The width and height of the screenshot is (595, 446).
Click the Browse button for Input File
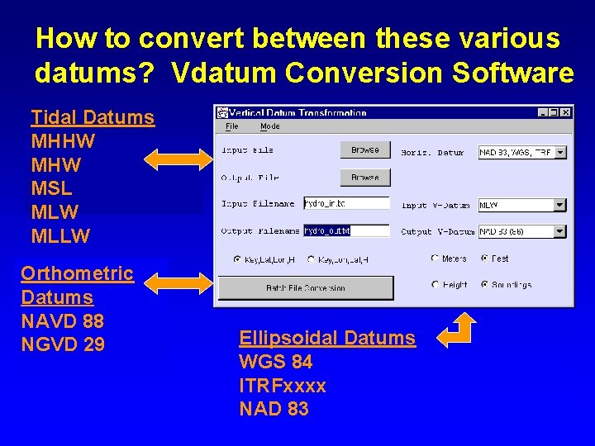(x=364, y=149)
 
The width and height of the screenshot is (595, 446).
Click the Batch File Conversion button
(x=305, y=287)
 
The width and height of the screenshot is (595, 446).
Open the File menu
(x=231, y=126)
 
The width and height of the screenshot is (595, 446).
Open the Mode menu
(x=269, y=126)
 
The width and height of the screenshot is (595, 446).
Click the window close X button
(x=565, y=112)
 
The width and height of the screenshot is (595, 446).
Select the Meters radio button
(x=435, y=259)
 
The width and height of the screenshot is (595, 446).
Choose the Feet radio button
(x=484, y=259)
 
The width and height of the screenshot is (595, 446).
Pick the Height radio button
(x=435, y=284)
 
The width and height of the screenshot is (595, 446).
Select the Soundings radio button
(x=484, y=284)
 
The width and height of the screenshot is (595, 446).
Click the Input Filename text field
(x=345, y=203)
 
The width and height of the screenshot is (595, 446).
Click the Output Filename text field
(x=345, y=231)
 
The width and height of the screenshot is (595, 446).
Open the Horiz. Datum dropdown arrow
(x=559, y=152)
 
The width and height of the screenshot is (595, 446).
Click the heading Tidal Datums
(x=93, y=117)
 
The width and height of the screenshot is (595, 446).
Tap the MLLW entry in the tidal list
(x=59, y=237)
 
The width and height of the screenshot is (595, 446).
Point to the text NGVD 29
(x=63, y=344)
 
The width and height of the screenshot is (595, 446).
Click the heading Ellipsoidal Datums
(x=326, y=338)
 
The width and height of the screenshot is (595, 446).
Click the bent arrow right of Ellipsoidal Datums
(x=457, y=330)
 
